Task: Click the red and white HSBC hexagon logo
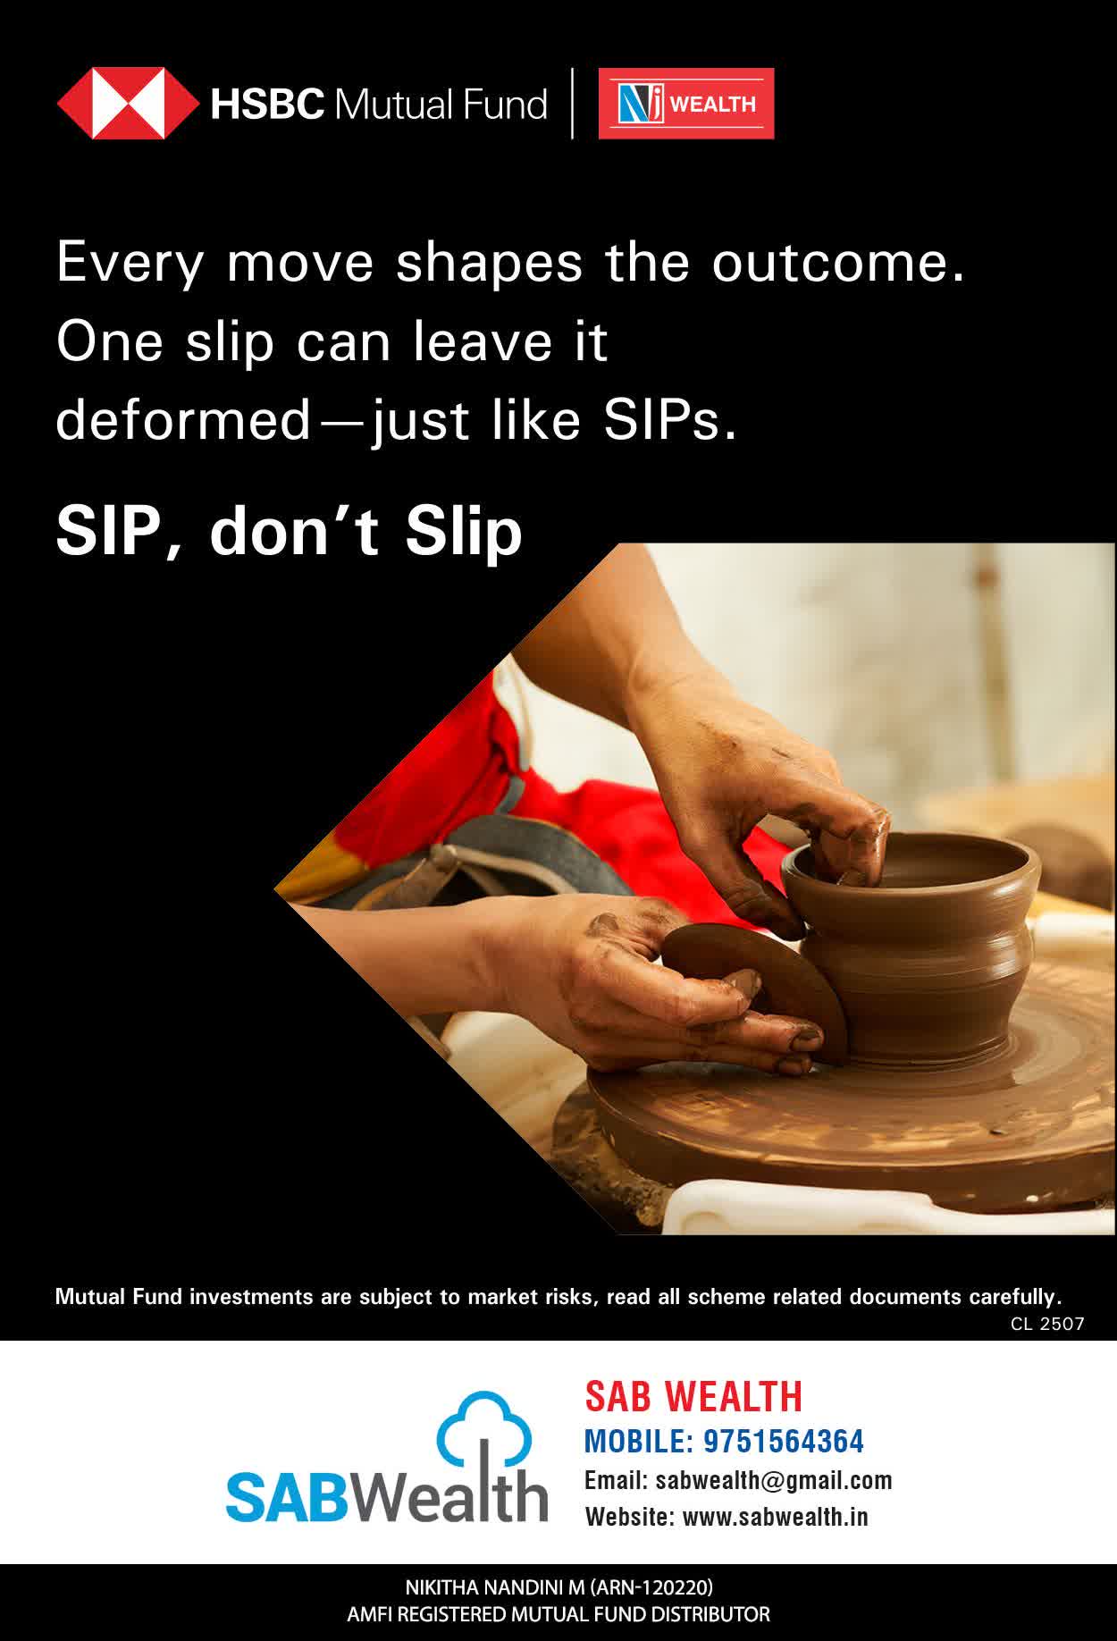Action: (129, 104)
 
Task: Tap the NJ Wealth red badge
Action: (686, 104)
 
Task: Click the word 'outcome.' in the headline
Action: (838, 263)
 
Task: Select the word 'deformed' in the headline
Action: (183, 420)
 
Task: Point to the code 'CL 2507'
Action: (1047, 1324)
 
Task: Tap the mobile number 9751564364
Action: (784, 1442)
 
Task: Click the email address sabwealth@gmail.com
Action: (774, 1481)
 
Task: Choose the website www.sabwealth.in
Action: (775, 1517)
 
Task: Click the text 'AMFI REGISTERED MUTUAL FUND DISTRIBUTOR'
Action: (558, 1615)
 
